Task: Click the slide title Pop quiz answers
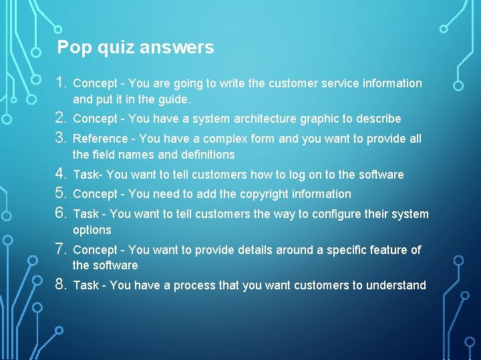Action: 136,47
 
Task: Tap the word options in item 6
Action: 92,231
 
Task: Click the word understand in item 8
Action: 396,285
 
